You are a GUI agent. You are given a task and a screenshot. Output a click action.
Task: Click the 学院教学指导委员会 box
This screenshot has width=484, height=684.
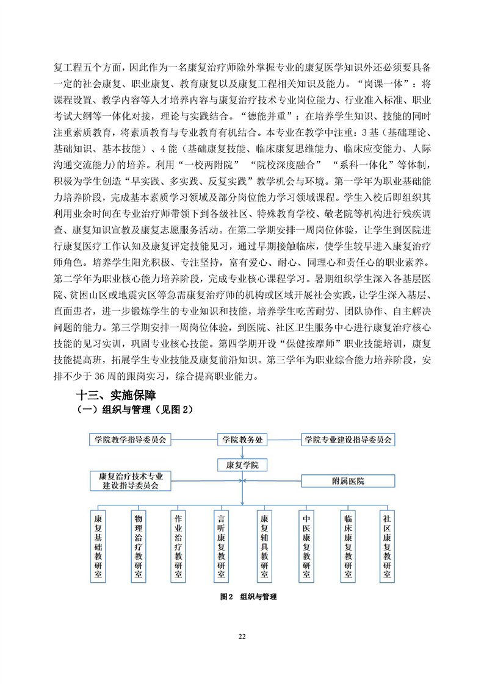pyautogui.click(x=130, y=440)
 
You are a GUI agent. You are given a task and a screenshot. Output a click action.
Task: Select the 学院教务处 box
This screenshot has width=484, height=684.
pyautogui.click(x=242, y=440)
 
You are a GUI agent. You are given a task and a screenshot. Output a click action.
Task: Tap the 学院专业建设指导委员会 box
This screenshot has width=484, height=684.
pyautogui.click(x=348, y=440)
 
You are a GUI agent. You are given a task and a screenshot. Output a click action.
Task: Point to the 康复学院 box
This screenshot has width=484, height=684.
pyautogui.click(x=242, y=465)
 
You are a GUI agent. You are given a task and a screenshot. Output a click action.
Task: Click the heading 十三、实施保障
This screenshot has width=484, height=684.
pyautogui.click(x=116, y=395)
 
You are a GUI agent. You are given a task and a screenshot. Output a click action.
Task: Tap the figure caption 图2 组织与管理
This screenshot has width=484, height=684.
pyautogui.click(x=248, y=597)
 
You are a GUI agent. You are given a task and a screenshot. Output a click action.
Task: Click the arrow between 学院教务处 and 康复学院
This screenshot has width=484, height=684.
pyautogui.click(x=242, y=452)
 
